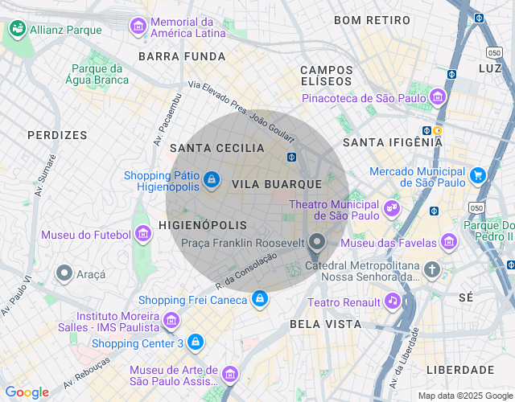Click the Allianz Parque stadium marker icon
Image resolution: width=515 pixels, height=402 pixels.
coord(17,29)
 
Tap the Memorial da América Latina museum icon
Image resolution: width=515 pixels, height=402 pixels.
coord(138,27)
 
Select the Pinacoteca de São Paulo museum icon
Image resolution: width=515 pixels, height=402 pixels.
coord(438,98)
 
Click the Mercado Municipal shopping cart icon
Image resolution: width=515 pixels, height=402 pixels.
coord(478,174)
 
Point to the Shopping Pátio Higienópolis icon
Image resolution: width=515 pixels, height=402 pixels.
coord(211,179)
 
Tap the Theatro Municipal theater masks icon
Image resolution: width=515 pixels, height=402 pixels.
coord(392,207)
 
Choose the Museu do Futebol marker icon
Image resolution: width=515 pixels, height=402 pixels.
coord(143,234)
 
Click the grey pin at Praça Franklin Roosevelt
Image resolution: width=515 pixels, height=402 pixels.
coord(317,241)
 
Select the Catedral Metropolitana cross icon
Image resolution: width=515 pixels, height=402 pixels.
coord(433,269)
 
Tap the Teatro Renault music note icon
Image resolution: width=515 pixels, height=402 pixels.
coord(392,301)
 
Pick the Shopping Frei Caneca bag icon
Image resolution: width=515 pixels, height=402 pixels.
coord(259,300)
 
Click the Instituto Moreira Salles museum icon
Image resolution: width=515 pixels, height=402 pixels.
coord(171,322)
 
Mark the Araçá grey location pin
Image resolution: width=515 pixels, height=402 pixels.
coord(64,273)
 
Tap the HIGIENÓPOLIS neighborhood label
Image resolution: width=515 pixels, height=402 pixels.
coord(204,225)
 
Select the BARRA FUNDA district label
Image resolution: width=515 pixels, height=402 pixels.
coord(182,56)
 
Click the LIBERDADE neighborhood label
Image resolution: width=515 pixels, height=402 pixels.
coord(459,370)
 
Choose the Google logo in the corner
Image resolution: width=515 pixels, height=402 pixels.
coord(27,392)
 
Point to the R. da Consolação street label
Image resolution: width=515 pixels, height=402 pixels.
coord(246,270)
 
